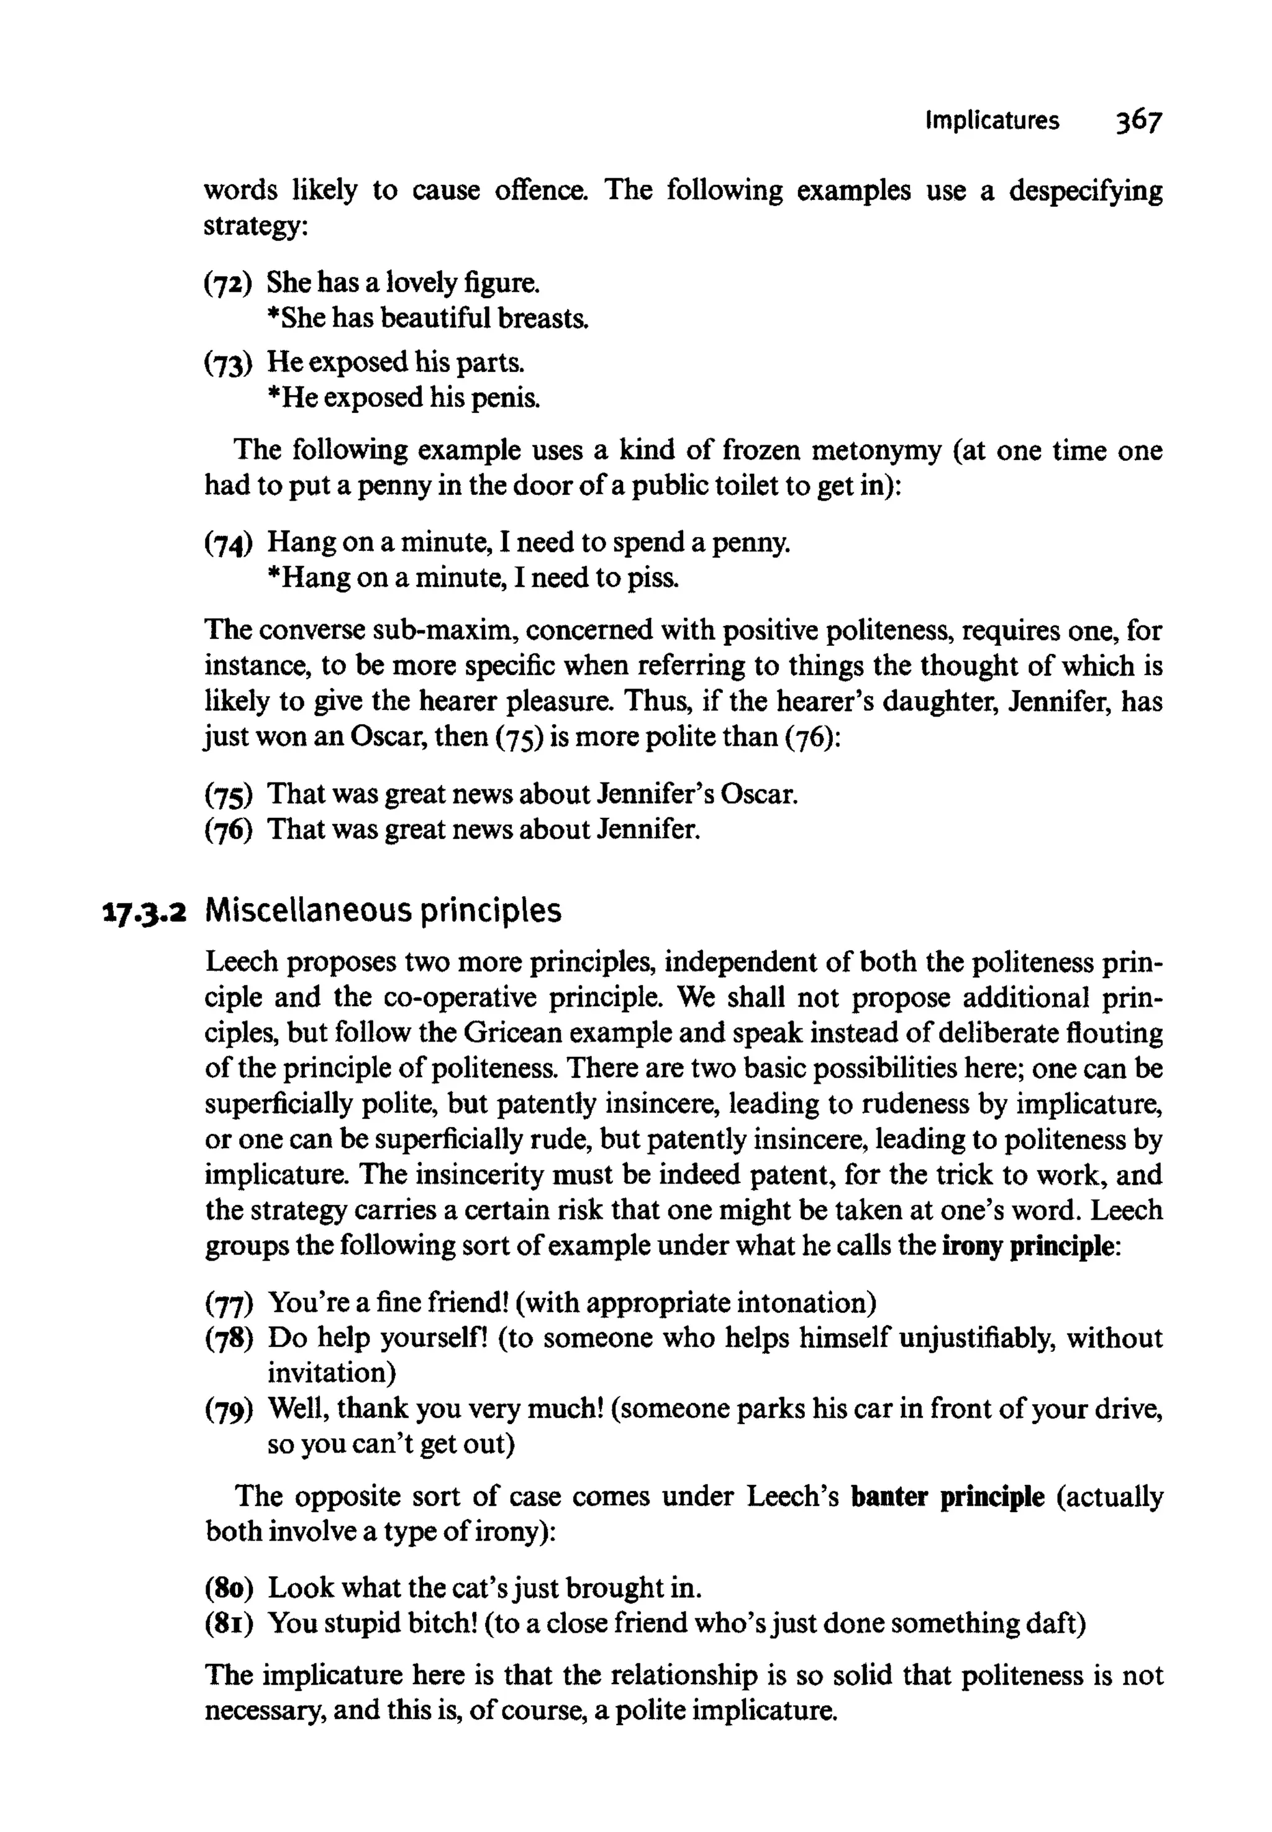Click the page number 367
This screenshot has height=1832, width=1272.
tap(1138, 121)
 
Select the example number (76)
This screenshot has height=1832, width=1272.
tap(228, 830)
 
